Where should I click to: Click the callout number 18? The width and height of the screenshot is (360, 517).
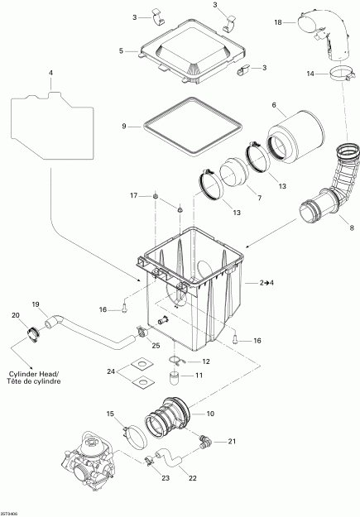click(278, 21)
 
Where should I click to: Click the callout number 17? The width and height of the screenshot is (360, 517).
click(132, 195)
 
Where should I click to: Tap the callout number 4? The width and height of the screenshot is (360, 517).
click(50, 74)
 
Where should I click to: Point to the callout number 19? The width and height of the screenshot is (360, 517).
click(36, 305)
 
